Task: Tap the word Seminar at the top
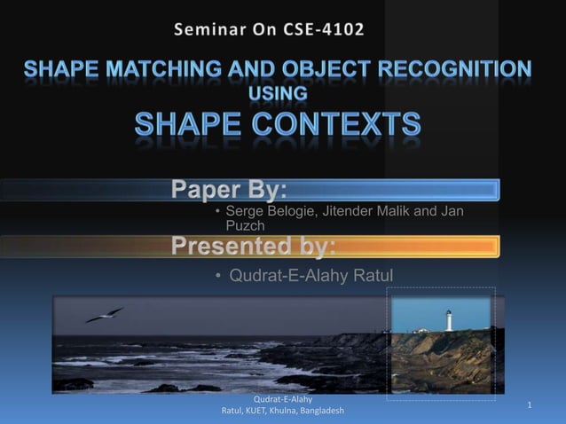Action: (x=214, y=29)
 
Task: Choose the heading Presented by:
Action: (x=254, y=245)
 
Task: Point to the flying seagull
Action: (x=105, y=315)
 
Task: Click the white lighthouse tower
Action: (x=449, y=320)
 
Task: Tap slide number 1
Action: (x=529, y=405)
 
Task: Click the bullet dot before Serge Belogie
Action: (x=217, y=211)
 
